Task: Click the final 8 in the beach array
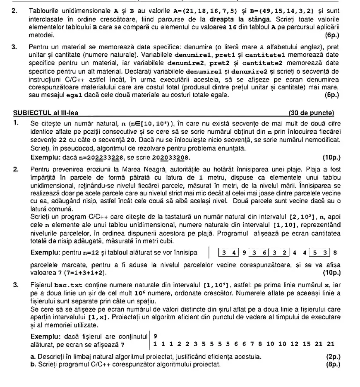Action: (x=335, y=252)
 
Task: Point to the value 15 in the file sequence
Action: (x=305, y=344)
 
